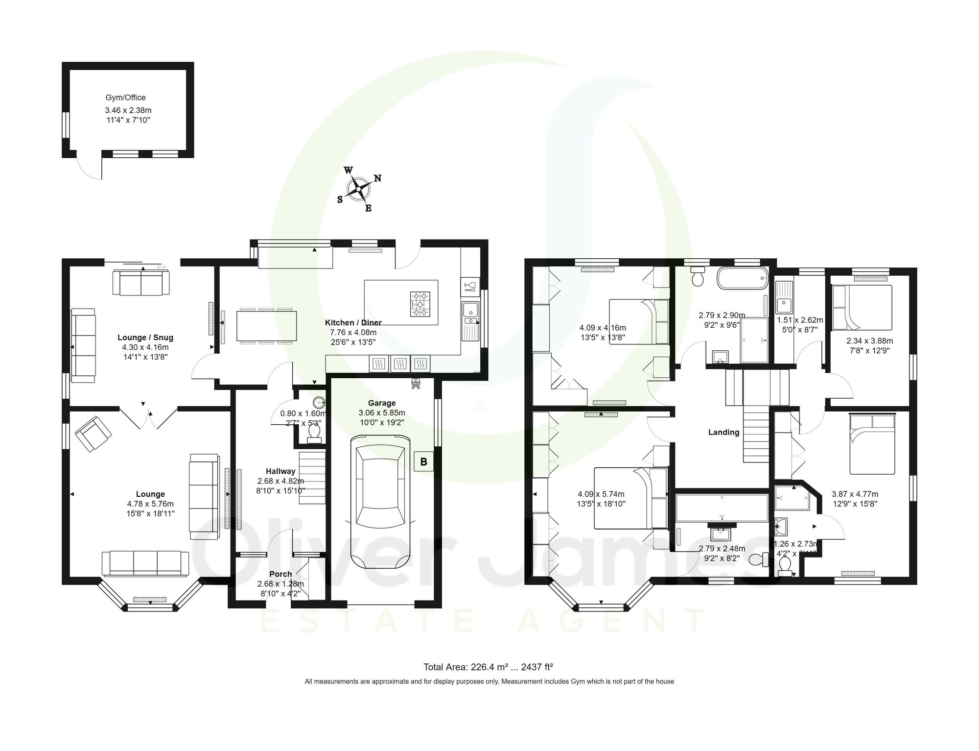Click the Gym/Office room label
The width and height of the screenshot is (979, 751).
pyautogui.click(x=125, y=97)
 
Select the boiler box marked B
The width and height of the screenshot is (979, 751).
pyautogui.click(x=423, y=461)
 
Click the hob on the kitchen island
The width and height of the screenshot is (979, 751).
pyautogui.click(x=420, y=303)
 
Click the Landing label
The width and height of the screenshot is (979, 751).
pyautogui.click(x=723, y=432)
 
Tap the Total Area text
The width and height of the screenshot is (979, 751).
pyautogui.click(x=488, y=667)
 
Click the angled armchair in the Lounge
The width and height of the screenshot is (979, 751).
pyautogui.click(x=93, y=434)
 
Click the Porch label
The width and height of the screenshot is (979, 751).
pyautogui.click(x=280, y=574)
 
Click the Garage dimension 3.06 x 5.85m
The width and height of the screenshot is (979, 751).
pyautogui.click(x=382, y=413)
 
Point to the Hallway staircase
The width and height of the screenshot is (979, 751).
pyautogui.click(x=312, y=478)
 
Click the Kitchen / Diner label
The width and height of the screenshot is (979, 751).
pyautogui.click(x=353, y=322)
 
